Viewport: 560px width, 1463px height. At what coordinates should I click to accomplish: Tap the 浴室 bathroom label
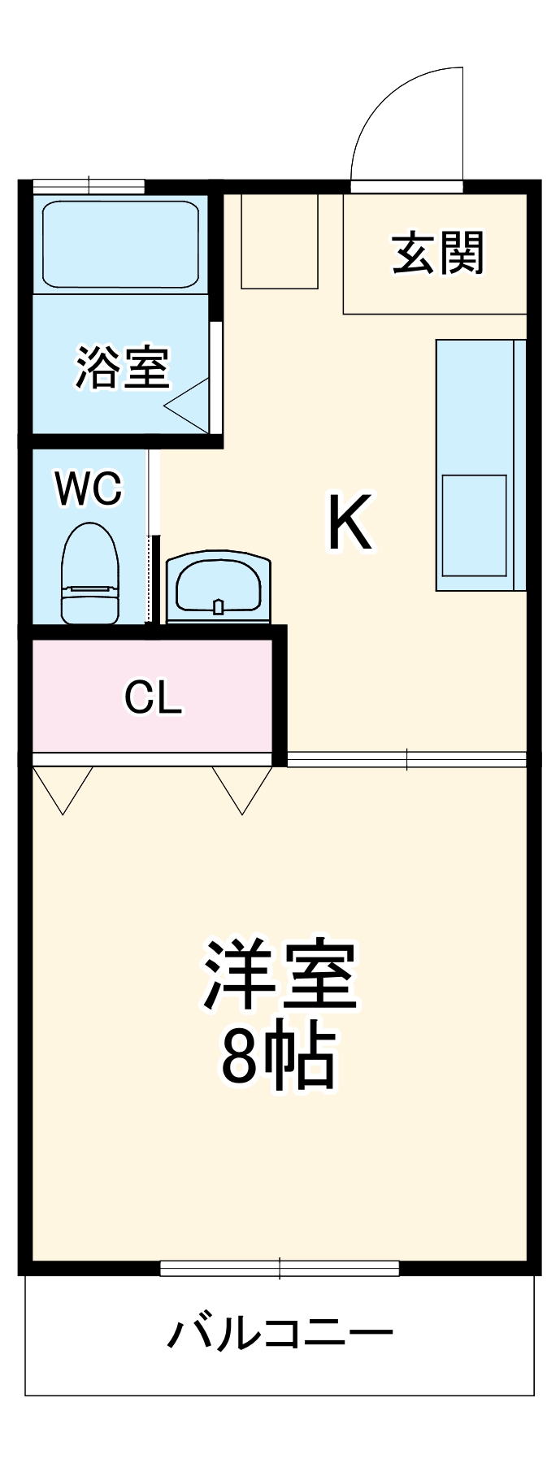(x=123, y=367)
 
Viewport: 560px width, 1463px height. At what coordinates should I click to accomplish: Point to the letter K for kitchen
(x=349, y=522)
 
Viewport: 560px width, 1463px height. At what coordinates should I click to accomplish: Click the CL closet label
(x=153, y=697)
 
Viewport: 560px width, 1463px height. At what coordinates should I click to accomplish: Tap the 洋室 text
(x=280, y=975)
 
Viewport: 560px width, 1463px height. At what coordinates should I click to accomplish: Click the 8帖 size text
(x=278, y=1057)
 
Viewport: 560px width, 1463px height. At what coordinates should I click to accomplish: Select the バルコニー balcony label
(x=280, y=1334)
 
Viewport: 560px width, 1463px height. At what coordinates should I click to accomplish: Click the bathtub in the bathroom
(x=120, y=244)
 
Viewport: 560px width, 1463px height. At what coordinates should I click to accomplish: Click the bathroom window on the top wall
(x=89, y=185)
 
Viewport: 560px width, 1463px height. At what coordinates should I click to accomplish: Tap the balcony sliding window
(x=280, y=1267)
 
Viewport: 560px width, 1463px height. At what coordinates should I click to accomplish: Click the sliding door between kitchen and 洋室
(x=406, y=759)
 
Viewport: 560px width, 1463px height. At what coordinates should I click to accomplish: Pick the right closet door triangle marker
(x=242, y=788)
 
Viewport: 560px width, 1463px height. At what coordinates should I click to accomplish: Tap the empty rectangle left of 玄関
(x=280, y=241)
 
